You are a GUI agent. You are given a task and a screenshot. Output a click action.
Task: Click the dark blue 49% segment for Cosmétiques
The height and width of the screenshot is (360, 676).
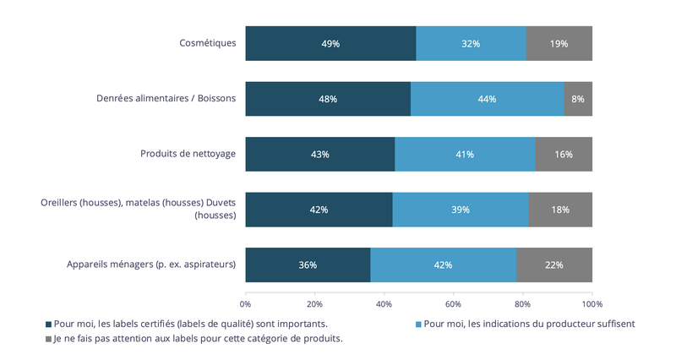(x=330, y=43)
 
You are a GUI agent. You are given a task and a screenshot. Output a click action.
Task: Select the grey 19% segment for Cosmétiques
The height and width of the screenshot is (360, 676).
(x=559, y=43)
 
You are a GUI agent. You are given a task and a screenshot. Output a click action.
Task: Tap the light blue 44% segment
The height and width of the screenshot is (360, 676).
(x=487, y=99)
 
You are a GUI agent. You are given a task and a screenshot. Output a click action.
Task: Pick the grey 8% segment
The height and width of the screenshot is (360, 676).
(x=578, y=99)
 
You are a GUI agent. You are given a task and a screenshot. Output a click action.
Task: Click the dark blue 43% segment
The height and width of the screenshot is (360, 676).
(x=320, y=154)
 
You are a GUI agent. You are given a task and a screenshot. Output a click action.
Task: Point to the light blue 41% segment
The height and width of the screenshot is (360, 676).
(x=465, y=154)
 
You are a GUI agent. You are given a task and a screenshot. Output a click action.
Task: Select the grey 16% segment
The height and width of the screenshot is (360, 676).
(x=564, y=154)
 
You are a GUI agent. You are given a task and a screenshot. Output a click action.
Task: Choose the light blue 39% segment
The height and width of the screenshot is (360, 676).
(x=461, y=210)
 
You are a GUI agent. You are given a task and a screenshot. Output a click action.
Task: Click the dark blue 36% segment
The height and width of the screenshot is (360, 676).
(x=308, y=265)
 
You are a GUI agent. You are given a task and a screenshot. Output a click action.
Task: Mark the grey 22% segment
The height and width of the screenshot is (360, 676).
(x=554, y=265)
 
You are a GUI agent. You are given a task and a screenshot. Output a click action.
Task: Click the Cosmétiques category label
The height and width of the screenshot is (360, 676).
(x=208, y=43)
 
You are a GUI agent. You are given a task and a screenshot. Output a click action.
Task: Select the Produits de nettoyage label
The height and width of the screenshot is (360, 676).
(x=188, y=154)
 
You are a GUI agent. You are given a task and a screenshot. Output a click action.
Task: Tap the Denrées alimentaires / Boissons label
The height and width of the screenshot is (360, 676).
(x=166, y=99)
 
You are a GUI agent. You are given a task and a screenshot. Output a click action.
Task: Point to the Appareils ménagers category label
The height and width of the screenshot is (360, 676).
(x=151, y=265)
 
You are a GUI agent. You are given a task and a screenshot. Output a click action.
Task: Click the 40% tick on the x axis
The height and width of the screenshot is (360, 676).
(x=384, y=303)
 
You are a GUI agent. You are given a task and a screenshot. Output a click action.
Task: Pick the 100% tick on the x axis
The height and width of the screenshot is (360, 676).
(x=591, y=303)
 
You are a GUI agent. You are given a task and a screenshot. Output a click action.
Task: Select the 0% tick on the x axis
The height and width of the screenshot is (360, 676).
(x=246, y=303)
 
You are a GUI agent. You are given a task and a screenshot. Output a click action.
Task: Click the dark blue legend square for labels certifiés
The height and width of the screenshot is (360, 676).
(x=48, y=324)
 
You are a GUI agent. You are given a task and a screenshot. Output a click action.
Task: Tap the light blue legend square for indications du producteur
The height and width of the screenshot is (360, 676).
(x=418, y=324)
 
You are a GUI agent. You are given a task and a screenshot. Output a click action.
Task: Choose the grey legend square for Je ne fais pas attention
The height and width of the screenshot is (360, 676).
(x=48, y=339)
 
